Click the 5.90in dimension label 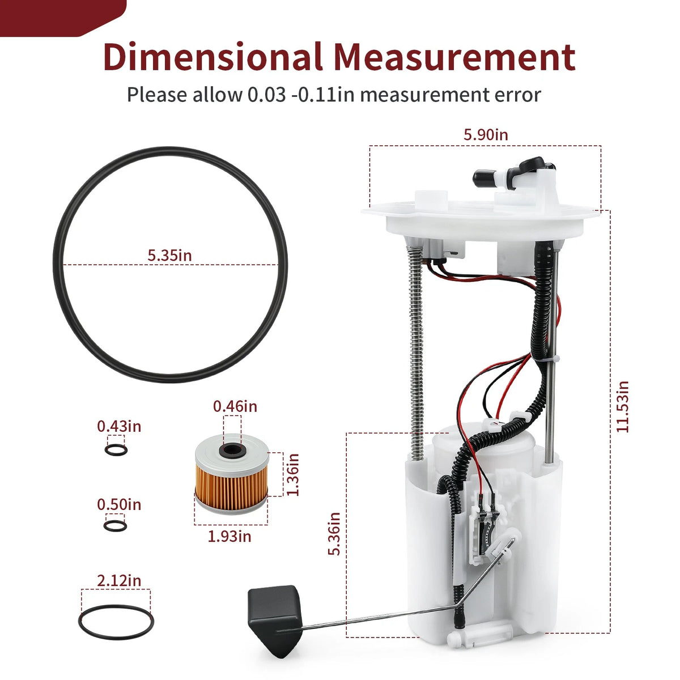(x=486, y=135)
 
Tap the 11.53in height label (x=622, y=406)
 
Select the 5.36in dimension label (x=334, y=534)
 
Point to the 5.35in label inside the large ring (x=169, y=256)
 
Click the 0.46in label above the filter (x=235, y=406)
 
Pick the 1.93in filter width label (x=229, y=537)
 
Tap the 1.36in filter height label (x=293, y=475)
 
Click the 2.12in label (x=119, y=580)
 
